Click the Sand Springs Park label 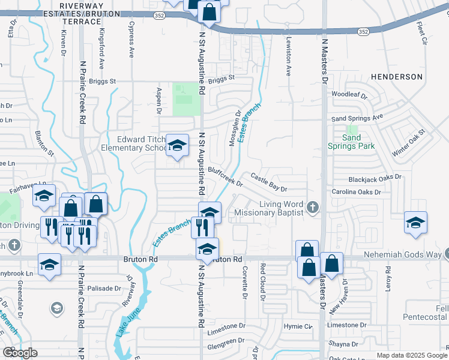(x=351, y=141)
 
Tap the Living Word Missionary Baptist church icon (x=312, y=208)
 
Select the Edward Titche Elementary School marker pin (x=177, y=145)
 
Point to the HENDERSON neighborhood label (x=397, y=77)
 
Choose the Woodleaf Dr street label (x=349, y=94)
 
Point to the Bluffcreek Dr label (x=225, y=176)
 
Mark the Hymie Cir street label (x=299, y=326)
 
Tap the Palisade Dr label (x=104, y=288)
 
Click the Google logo (x=20, y=353)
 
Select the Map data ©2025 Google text (x=411, y=355)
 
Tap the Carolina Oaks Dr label (x=357, y=192)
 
